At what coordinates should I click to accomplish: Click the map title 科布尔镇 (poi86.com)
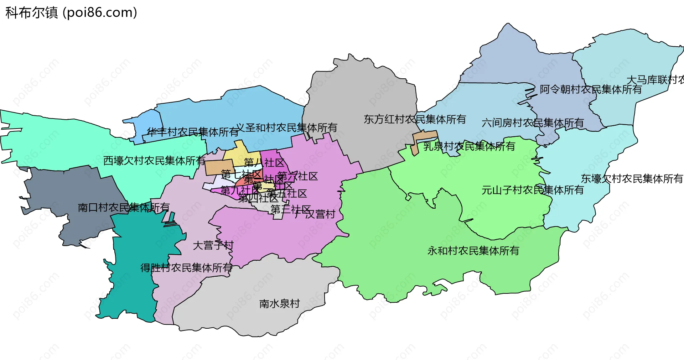tap(71, 13)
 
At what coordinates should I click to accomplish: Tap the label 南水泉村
tap(279, 304)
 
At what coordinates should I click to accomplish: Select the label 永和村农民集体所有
tap(473, 251)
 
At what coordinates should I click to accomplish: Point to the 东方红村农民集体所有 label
tap(415, 119)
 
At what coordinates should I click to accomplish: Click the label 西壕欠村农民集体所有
tap(154, 161)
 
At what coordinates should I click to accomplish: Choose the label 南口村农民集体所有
tap(123, 207)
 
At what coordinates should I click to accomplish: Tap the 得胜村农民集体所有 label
tap(186, 268)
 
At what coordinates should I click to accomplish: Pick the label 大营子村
tap(213, 245)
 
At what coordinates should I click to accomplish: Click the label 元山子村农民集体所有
tap(532, 190)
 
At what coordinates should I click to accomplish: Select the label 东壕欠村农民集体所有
tap(632, 179)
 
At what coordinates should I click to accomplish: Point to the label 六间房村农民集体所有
tap(532, 123)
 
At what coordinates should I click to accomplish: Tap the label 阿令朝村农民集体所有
tap(590, 89)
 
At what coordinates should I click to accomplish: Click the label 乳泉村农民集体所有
tap(469, 146)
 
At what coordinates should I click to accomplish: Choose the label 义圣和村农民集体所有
tap(286, 127)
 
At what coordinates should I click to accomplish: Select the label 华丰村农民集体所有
tap(193, 132)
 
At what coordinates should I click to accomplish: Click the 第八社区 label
tap(264, 163)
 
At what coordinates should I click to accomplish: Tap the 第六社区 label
tap(297, 176)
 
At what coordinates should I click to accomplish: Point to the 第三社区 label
tap(290, 209)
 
